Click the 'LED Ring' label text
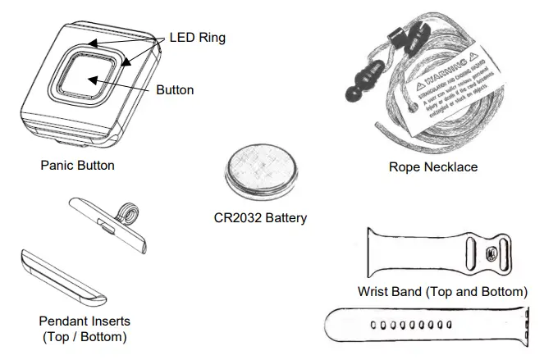click(x=197, y=38)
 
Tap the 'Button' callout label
click(x=175, y=89)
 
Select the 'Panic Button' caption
click(x=77, y=166)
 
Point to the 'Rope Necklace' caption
click(x=433, y=167)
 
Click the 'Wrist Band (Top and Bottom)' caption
click(x=442, y=291)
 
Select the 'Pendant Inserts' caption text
click(x=84, y=321)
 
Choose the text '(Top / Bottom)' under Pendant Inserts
click(x=84, y=336)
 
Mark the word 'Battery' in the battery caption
click(x=285, y=218)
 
